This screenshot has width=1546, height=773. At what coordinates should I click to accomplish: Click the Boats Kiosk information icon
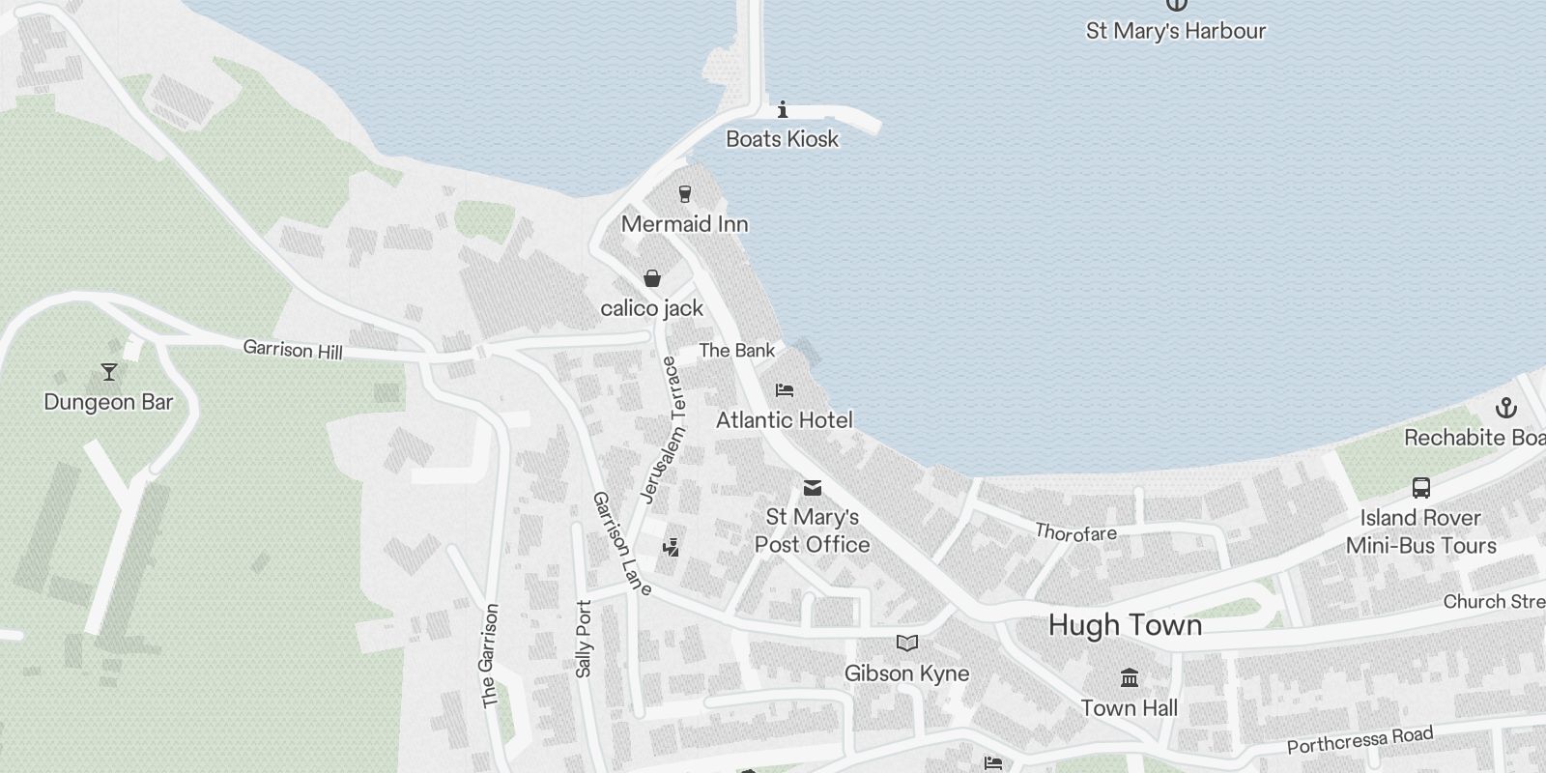click(783, 109)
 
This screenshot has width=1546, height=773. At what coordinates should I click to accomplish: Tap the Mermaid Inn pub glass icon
click(685, 194)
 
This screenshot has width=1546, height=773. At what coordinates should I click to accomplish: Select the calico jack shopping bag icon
click(652, 279)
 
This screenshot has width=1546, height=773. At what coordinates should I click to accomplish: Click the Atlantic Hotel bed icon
click(785, 390)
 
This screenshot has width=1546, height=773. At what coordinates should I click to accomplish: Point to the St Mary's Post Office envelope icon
click(813, 488)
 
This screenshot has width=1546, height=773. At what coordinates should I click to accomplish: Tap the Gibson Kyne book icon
click(906, 644)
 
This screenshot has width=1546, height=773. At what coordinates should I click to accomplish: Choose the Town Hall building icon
click(1129, 677)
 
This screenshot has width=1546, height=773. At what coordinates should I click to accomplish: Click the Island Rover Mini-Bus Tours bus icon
click(1420, 488)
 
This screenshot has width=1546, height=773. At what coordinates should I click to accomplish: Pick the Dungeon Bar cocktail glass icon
click(108, 372)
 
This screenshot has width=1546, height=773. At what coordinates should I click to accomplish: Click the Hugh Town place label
click(1125, 625)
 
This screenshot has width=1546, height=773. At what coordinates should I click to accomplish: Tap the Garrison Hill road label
click(293, 349)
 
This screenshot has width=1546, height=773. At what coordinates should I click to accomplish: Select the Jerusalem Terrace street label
click(665, 429)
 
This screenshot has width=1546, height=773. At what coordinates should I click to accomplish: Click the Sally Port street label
click(584, 639)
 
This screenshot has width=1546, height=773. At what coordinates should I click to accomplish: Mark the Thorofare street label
click(1075, 532)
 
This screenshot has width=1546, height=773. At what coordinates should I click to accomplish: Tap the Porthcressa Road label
click(1360, 740)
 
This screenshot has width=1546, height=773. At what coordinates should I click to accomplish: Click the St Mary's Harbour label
click(1175, 31)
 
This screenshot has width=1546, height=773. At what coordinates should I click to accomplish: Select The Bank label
click(736, 351)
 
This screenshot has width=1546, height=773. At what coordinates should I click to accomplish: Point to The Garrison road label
click(490, 655)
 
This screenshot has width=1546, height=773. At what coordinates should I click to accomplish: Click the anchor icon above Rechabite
click(1505, 408)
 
